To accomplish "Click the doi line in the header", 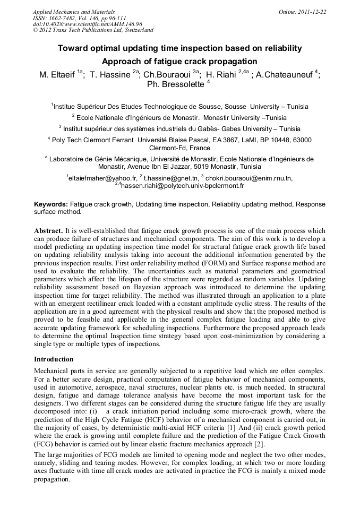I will [88, 24].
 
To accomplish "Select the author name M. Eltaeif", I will [57, 75].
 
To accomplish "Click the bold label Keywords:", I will [51, 204].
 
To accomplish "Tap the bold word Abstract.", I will [48, 231].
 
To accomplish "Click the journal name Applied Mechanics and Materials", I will [74, 11].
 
